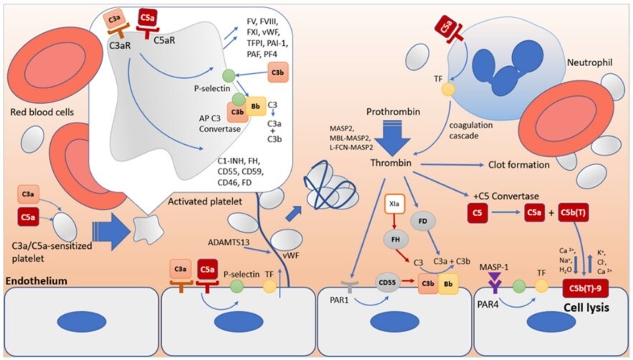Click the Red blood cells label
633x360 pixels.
click(40, 114)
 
